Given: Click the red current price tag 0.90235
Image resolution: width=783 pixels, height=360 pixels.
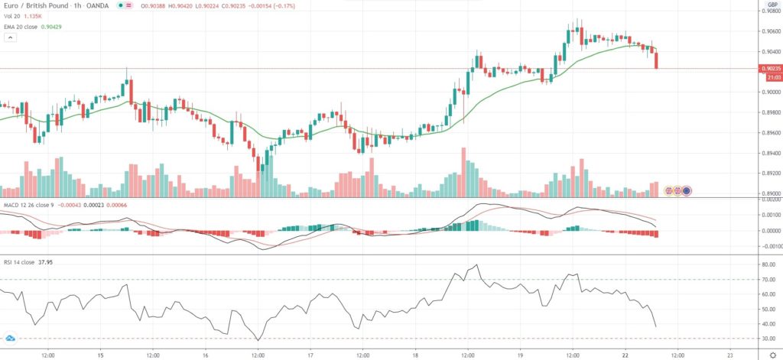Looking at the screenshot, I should tap(769, 68).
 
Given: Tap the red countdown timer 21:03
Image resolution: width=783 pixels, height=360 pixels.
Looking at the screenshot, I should tap(769, 76).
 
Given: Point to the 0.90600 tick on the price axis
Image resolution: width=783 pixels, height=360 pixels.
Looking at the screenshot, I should tap(769, 31).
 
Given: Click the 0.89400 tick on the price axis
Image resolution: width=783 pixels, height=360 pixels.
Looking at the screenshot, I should tap(769, 153).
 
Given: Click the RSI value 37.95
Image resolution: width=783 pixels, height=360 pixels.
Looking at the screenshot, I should tap(47, 261).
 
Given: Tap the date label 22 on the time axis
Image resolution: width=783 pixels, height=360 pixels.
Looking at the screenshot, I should tap(625, 355).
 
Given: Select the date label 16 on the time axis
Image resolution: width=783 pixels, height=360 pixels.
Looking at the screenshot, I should tap(206, 355).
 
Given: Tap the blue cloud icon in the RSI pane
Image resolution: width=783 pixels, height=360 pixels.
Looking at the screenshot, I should tap(10, 338).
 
